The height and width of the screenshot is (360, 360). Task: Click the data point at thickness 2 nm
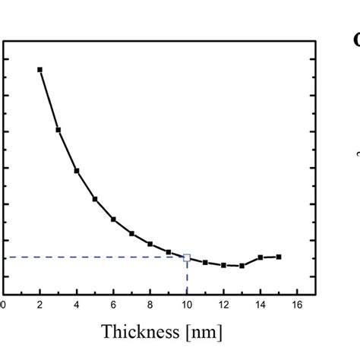tap(39, 70)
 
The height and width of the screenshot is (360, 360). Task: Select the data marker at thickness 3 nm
tap(58, 130)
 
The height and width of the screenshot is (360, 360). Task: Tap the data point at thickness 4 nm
tap(76, 171)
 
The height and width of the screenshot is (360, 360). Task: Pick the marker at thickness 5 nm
tap(95, 199)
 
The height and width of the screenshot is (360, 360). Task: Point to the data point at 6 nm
tap(113, 219)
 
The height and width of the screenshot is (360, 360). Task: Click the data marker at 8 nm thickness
tap(150, 244)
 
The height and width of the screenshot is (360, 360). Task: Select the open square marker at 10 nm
tap(187, 257)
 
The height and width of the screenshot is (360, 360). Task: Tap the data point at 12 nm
tap(223, 265)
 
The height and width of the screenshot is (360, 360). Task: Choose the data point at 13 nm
tap(242, 266)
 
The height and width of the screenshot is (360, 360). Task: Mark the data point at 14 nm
tap(261, 257)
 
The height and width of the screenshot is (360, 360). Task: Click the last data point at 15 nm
tap(279, 257)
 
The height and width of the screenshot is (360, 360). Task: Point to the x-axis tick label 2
tap(39, 305)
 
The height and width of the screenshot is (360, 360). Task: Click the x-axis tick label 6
tap(113, 305)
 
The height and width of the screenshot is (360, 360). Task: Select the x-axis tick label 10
tap(187, 305)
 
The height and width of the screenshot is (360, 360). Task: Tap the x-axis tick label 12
tap(223, 305)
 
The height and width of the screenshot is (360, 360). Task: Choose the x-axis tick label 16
tap(297, 305)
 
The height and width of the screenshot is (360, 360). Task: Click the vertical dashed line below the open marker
tap(187, 278)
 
